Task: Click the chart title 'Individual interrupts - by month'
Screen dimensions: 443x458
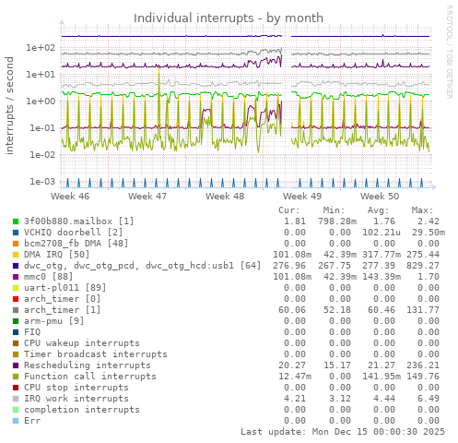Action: tap(229, 18)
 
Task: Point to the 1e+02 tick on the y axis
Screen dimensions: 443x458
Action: tap(42, 48)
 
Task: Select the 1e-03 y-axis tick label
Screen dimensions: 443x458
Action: tap(42, 182)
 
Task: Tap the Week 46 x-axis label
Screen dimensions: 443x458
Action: tap(70, 197)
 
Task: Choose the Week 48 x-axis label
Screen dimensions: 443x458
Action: tap(225, 197)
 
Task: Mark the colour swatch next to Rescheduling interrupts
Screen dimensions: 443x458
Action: tap(16, 365)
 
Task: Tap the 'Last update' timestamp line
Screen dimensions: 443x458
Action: tap(343, 432)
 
